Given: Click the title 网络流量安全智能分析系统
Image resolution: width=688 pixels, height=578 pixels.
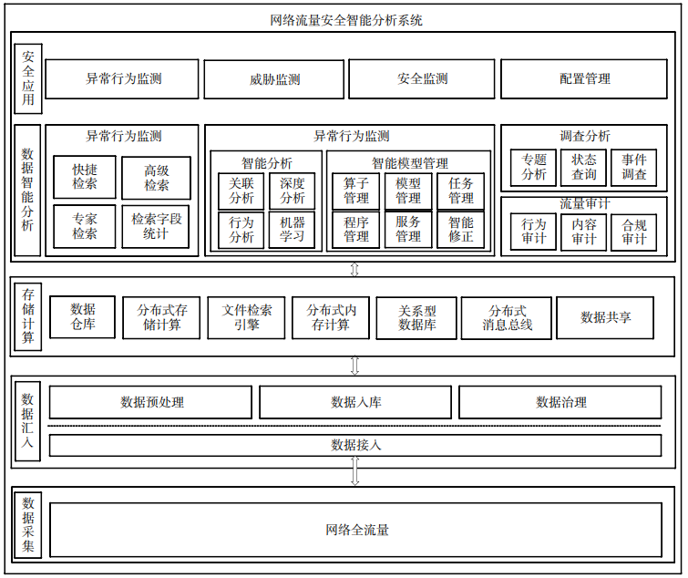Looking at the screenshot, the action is coord(346,20).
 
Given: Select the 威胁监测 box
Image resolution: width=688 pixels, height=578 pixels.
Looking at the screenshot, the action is coord(274,79).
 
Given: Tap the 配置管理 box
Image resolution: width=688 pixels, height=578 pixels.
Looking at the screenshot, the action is coord(584,79).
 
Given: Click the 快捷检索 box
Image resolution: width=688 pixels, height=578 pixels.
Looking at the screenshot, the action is coord(85,177).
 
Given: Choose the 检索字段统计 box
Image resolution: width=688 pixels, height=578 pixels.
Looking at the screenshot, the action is coord(156,226).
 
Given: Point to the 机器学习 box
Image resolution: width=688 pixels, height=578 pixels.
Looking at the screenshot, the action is coord(292,230).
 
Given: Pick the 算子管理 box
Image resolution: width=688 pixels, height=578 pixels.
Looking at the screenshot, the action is coord(356,191).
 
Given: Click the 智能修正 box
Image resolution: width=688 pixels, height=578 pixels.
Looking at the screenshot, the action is coord(461,230).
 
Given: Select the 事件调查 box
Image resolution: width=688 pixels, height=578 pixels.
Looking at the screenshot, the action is coord(634,167).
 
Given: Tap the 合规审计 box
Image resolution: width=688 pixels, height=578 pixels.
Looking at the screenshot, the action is coord(634,232).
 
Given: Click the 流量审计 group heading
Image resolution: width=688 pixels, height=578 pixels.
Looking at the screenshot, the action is coord(584,203).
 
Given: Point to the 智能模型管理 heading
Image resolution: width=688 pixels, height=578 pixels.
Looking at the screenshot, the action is coord(410,163).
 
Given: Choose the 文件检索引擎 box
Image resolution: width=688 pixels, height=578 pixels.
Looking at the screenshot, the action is coord(246,317).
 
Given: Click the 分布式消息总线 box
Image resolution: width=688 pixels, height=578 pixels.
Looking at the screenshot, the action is coord(507,318).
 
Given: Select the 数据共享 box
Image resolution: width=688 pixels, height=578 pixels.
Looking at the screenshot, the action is coord(605,317).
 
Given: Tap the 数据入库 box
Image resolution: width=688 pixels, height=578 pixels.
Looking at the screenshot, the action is coord(355,402).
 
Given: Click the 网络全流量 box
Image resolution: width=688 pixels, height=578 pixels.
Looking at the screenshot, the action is coord(356,531).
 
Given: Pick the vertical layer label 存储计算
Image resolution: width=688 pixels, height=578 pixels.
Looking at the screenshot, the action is coord(28,316).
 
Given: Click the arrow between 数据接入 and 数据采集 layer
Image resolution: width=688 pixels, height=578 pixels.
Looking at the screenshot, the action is coord(355,470).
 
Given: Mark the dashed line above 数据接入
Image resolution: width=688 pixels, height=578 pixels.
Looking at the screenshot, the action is coord(354,426).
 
